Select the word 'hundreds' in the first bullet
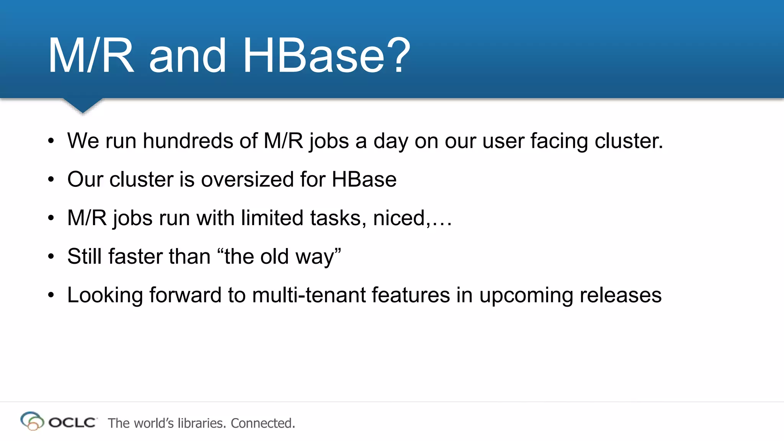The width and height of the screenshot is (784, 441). pyautogui.click(x=188, y=140)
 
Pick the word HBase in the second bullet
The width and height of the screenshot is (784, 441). pyautogui.click(x=364, y=179)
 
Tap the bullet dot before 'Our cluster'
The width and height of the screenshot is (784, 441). pyautogui.click(x=51, y=180)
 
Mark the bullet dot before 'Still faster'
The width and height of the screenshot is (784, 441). pyautogui.click(x=51, y=256)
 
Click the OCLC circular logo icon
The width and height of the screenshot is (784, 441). pyautogui.click(x=32, y=421)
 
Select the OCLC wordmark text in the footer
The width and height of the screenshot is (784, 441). pyautogui.click(x=72, y=423)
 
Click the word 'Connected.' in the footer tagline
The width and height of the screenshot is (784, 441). pyautogui.click(x=263, y=423)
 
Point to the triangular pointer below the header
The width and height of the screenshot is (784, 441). pyautogui.click(x=83, y=105)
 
